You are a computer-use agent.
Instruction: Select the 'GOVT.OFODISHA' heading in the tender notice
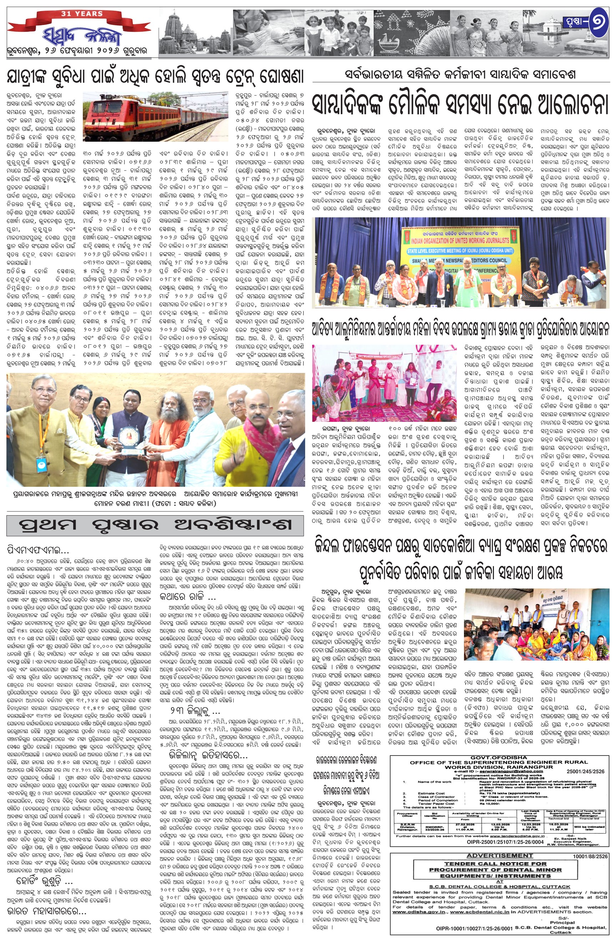pyautogui.click(x=499, y=758)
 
